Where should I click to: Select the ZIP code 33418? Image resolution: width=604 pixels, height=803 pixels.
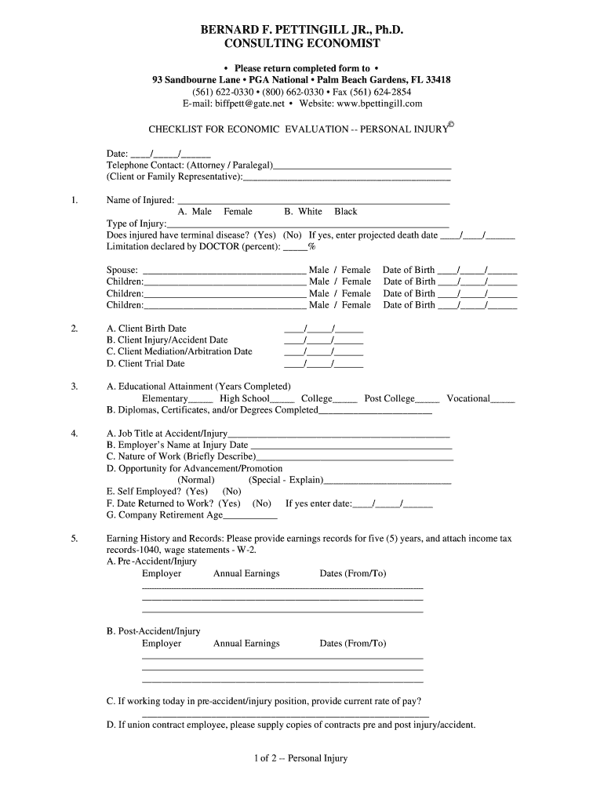435,80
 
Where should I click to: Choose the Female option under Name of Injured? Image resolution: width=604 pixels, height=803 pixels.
238,212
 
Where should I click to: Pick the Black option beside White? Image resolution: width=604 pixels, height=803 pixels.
345,212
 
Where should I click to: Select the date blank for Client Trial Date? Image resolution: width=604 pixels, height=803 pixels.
323,364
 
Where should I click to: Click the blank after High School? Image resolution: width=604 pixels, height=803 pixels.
282,400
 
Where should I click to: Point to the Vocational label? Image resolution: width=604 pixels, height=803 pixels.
468,398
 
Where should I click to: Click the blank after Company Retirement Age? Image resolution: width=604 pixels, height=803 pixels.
250,517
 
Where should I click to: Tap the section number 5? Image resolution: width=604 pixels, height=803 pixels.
74,539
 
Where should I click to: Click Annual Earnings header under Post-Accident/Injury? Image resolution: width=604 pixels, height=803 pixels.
246,644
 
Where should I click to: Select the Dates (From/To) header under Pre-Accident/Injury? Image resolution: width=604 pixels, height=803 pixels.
353,574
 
